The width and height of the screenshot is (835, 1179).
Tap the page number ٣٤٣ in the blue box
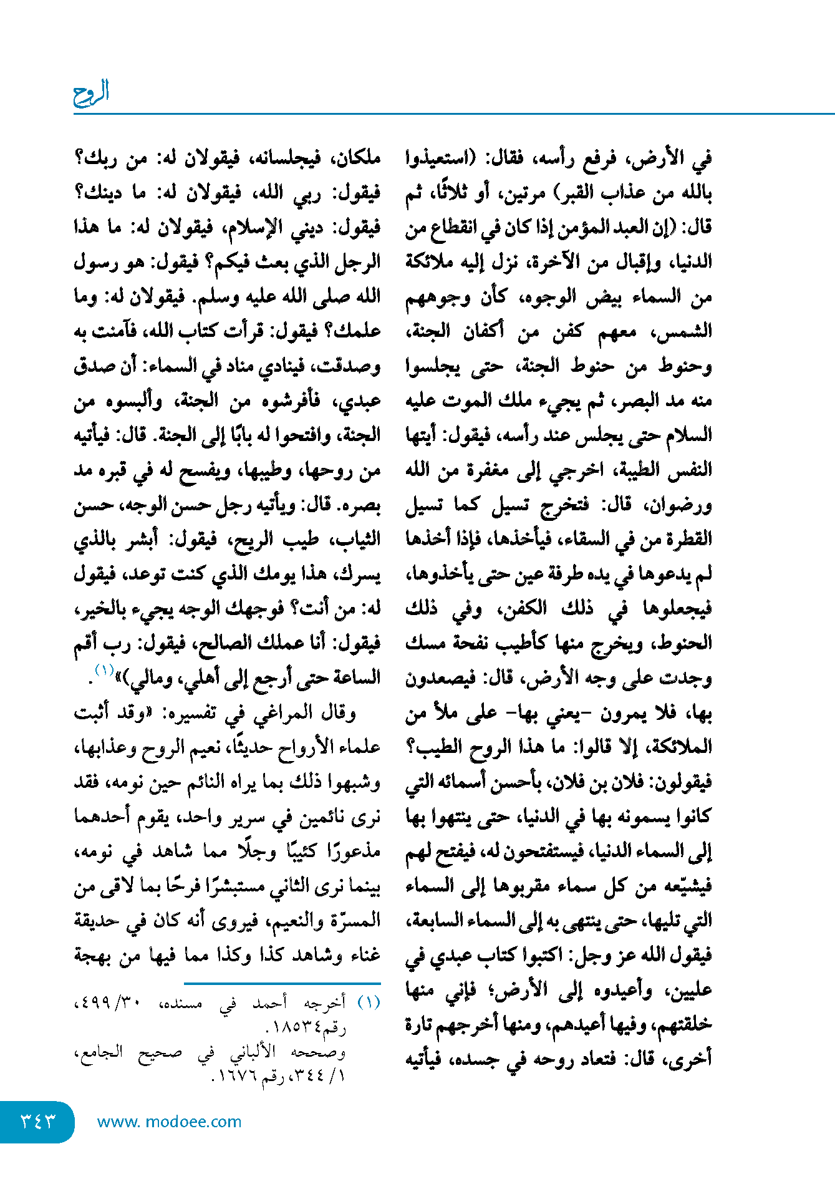(38, 1121)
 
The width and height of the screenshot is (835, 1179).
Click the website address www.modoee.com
(169, 1122)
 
